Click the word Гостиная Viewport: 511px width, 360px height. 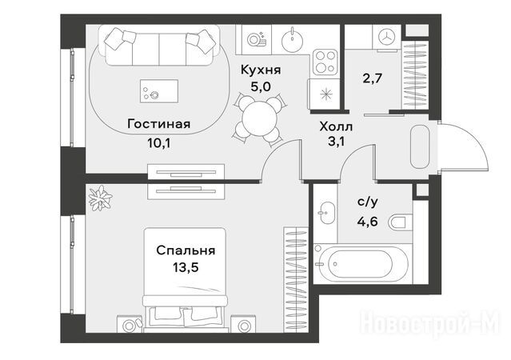tap(159, 124)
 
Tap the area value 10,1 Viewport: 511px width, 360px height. tap(159, 143)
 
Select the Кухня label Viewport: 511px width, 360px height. tap(261, 70)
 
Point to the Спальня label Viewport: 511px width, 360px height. tap(186, 250)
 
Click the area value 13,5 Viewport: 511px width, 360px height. tap(186, 268)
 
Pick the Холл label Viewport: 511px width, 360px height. tap(336, 126)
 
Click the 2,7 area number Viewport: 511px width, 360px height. tap(372, 78)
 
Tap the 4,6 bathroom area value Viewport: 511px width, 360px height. tap(367, 222)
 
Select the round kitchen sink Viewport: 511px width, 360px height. tap(293, 39)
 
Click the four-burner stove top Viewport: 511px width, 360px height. tap(325, 62)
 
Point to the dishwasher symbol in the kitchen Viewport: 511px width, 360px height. tap(257, 39)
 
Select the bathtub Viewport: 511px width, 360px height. tap(361, 264)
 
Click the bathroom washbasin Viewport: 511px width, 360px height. tap(326, 213)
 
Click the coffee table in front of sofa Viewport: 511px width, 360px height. tap(159, 91)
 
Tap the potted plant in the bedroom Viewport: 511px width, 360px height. tap(101, 198)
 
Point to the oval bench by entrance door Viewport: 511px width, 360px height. tap(420, 146)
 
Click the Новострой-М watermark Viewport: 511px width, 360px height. tap(429, 322)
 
